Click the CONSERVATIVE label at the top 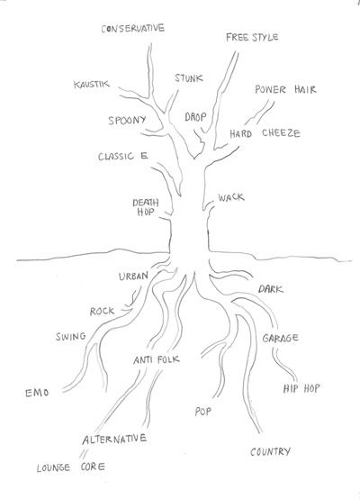[133, 28]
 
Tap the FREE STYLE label [252, 37]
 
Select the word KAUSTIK [92, 85]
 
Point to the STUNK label [189, 78]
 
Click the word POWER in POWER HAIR [270, 89]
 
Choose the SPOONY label [127, 121]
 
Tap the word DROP [195, 117]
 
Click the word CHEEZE [281, 133]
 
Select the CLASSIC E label [123, 156]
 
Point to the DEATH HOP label [146, 207]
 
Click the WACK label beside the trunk [231, 197]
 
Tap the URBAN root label [133, 276]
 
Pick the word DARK [271, 289]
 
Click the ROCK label [102, 312]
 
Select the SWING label [71, 336]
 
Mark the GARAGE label [281, 338]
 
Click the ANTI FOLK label [157, 360]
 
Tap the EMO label [37, 393]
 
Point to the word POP [202, 412]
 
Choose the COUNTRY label [270, 451]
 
